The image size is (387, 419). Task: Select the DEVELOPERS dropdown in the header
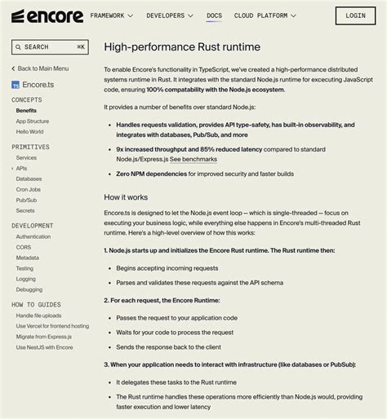[x=169, y=15]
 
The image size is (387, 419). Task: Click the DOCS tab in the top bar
[x=214, y=15]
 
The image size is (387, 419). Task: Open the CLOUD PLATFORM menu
[x=265, y=15]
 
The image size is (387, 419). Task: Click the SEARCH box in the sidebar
[x=49, y=47]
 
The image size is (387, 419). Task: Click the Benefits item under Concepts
[x=26, y=110]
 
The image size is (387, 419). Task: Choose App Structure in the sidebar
[x=33, y=121]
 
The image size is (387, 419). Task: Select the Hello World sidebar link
[x=30, y=131]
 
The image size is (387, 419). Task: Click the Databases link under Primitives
[x=29, y=179]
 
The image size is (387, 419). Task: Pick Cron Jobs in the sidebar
[x=29, y=189]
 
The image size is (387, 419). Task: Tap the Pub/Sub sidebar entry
[x=26, y=200]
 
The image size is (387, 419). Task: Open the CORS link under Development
[x=24, y=247]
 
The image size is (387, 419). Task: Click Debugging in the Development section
[x=29, y=289]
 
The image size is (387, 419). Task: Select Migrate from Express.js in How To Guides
[x=48, y=337]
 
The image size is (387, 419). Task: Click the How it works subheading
[x=126, y=197]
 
